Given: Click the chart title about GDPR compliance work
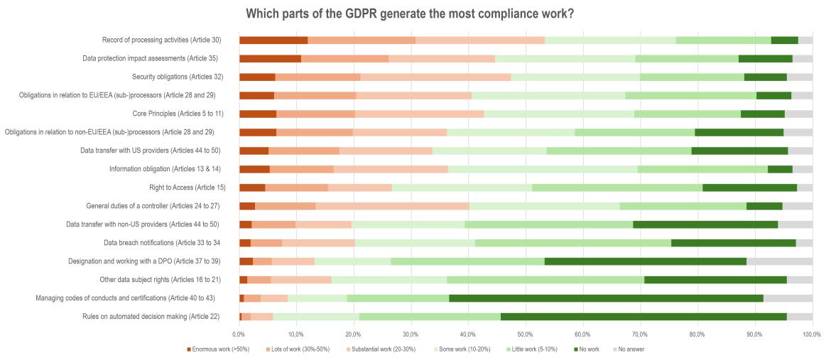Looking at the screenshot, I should click(x=415, y=13).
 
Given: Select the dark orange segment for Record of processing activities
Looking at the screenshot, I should click(x=273, y=40).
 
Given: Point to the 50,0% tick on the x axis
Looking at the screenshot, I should click(x=526, y=332).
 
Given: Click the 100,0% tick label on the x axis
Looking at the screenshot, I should click(x=811, y=332).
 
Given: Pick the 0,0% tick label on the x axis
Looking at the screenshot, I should click(x=239, y=332).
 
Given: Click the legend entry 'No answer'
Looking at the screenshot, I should click(x=631, y=349).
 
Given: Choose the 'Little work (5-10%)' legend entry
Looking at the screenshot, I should click(x=533, y=349).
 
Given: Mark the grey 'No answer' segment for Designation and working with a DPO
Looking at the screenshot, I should click(x=779, y=261).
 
